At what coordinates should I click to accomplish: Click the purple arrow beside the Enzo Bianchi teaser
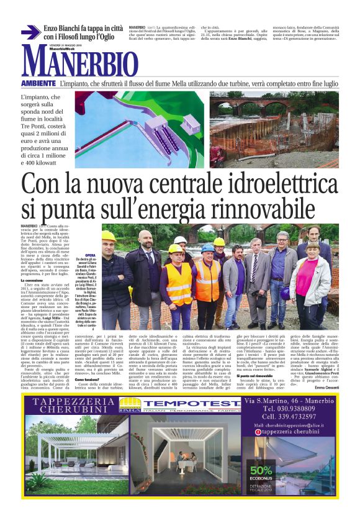click(x=30, y=32)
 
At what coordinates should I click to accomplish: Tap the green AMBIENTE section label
click(x=38, y=83)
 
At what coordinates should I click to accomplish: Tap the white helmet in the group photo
click(x=179, y=240)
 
